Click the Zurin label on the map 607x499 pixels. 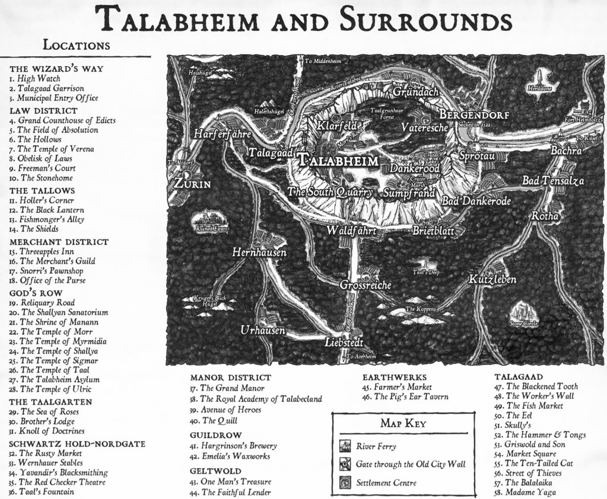point(192,184)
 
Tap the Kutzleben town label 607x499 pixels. point(492,279)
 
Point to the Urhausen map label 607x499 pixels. point(262,330)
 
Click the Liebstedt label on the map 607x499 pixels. point(344,343)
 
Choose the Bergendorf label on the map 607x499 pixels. point(473,114)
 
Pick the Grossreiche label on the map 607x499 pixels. point(365,285)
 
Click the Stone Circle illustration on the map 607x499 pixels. point(522,312)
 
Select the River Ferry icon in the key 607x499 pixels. point(344,446)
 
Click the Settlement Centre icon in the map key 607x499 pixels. point(344,482)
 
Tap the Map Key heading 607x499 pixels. point(402,423)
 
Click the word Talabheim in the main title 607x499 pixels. point(175,21)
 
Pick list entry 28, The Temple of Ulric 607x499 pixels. point(54,389)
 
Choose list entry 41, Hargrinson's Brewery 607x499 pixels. point(233,446)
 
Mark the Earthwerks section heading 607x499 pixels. point(395,377)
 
